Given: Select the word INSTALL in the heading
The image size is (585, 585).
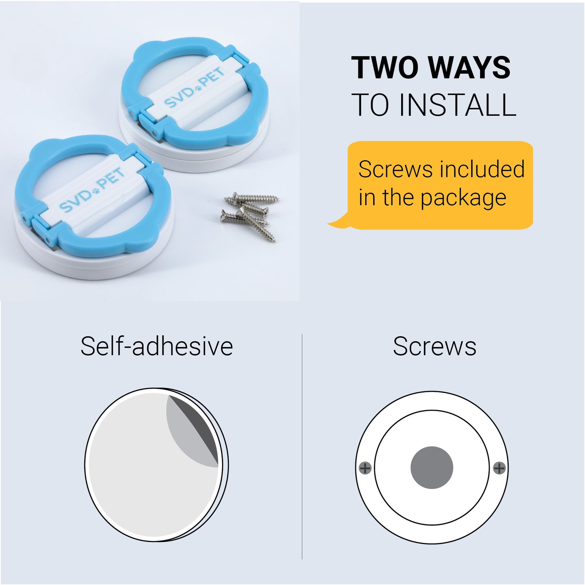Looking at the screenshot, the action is coord(458,105).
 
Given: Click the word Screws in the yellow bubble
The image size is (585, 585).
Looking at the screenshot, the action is coord(396,169).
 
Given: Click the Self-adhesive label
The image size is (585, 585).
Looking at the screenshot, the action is coord(157,346).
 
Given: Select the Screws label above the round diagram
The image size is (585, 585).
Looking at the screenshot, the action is coord(434,347).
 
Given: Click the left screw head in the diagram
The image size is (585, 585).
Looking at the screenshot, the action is coord(365,468).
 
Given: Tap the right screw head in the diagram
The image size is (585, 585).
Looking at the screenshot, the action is coord(499,468).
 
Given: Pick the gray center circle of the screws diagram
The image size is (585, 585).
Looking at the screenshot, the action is coord(432,468).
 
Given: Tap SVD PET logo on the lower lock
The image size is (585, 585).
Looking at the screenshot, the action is coord(91,190).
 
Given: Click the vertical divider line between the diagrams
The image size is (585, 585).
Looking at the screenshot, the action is coord(302,447).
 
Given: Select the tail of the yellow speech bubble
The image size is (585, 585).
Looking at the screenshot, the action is coord(338,221).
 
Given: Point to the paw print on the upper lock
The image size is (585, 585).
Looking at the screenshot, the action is coord(198,88).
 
